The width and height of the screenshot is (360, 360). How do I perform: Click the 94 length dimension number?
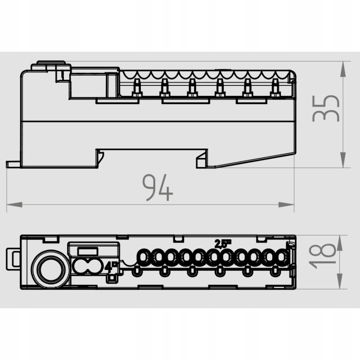coord(157,188)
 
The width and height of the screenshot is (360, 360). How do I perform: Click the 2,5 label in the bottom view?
coord(223,244)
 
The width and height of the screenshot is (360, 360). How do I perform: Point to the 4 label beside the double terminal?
coord(109,266)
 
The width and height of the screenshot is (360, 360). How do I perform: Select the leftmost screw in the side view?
coord(137,88)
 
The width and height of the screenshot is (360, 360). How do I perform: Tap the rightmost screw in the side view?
coord(275,88)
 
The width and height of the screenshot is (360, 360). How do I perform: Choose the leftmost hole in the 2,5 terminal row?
coord(145,258)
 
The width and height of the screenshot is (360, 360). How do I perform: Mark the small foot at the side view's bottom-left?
coord(13,164)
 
